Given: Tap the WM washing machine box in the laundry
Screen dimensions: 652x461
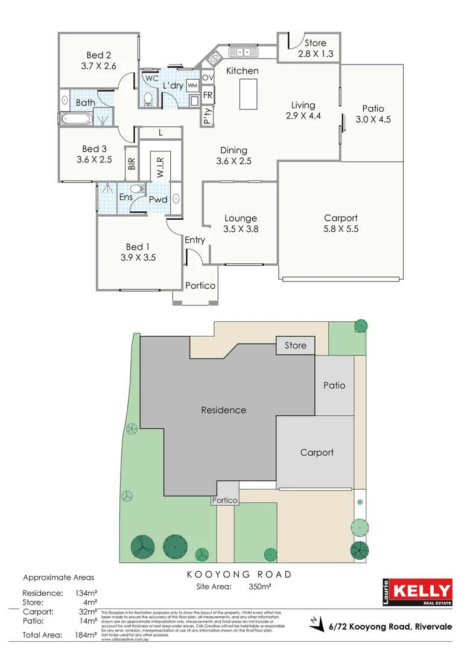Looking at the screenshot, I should (x=192, y=85).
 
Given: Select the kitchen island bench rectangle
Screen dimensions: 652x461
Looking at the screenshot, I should (x=247, y=94).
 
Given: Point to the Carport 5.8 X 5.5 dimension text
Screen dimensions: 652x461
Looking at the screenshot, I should (x=340, y=229).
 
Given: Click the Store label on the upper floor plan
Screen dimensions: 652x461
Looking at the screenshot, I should (x=315, y=43).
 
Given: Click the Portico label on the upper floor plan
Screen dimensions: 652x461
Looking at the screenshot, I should (x=200, y=286).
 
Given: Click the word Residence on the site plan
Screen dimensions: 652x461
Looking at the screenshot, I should (x=223, y=410).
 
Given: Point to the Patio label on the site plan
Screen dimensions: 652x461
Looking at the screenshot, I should (x=334, y=385).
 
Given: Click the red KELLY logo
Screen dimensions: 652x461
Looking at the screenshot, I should (x=421, y=590).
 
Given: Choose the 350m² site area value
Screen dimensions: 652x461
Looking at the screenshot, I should (x=259, y=586).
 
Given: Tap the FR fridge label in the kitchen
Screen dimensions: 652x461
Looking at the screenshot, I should (x=208, y=95).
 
